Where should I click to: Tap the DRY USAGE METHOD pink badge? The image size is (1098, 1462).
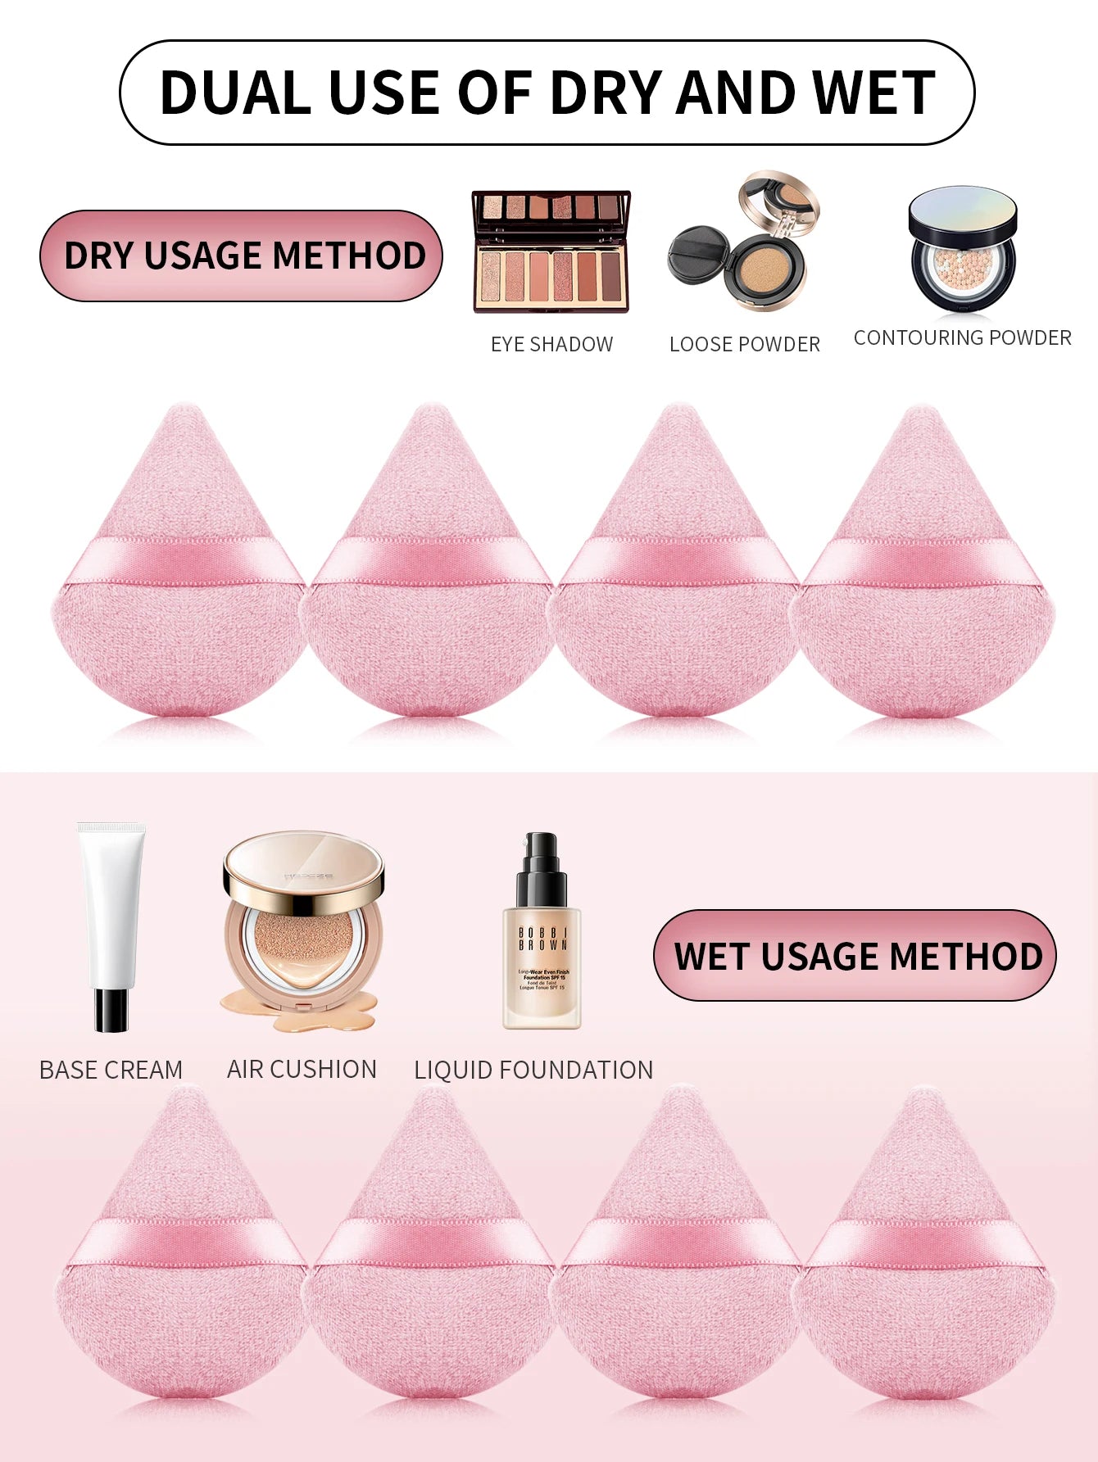242,256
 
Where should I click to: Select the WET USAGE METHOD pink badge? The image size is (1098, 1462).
855,956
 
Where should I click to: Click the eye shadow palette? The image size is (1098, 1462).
551,251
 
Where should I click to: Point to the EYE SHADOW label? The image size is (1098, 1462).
551,344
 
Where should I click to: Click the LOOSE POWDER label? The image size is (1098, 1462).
744,344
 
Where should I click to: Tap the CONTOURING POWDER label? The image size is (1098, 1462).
962,337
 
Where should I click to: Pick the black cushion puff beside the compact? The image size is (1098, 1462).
696,254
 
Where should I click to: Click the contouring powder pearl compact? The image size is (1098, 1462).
962,250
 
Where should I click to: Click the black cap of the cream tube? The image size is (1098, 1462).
111,1009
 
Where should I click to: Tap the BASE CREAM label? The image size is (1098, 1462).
111,1070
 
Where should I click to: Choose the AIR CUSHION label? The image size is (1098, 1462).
302,1069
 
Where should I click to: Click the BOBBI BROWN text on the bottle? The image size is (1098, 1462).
542,939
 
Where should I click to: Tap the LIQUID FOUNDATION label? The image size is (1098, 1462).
533,1070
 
